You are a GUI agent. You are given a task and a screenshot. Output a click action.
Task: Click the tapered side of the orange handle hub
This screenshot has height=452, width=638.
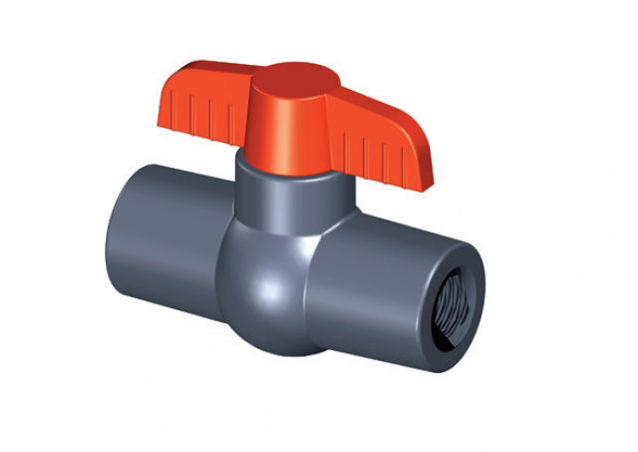click(284, 135)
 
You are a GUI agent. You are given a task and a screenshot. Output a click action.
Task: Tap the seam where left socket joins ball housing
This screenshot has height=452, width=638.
click(223, 249)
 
